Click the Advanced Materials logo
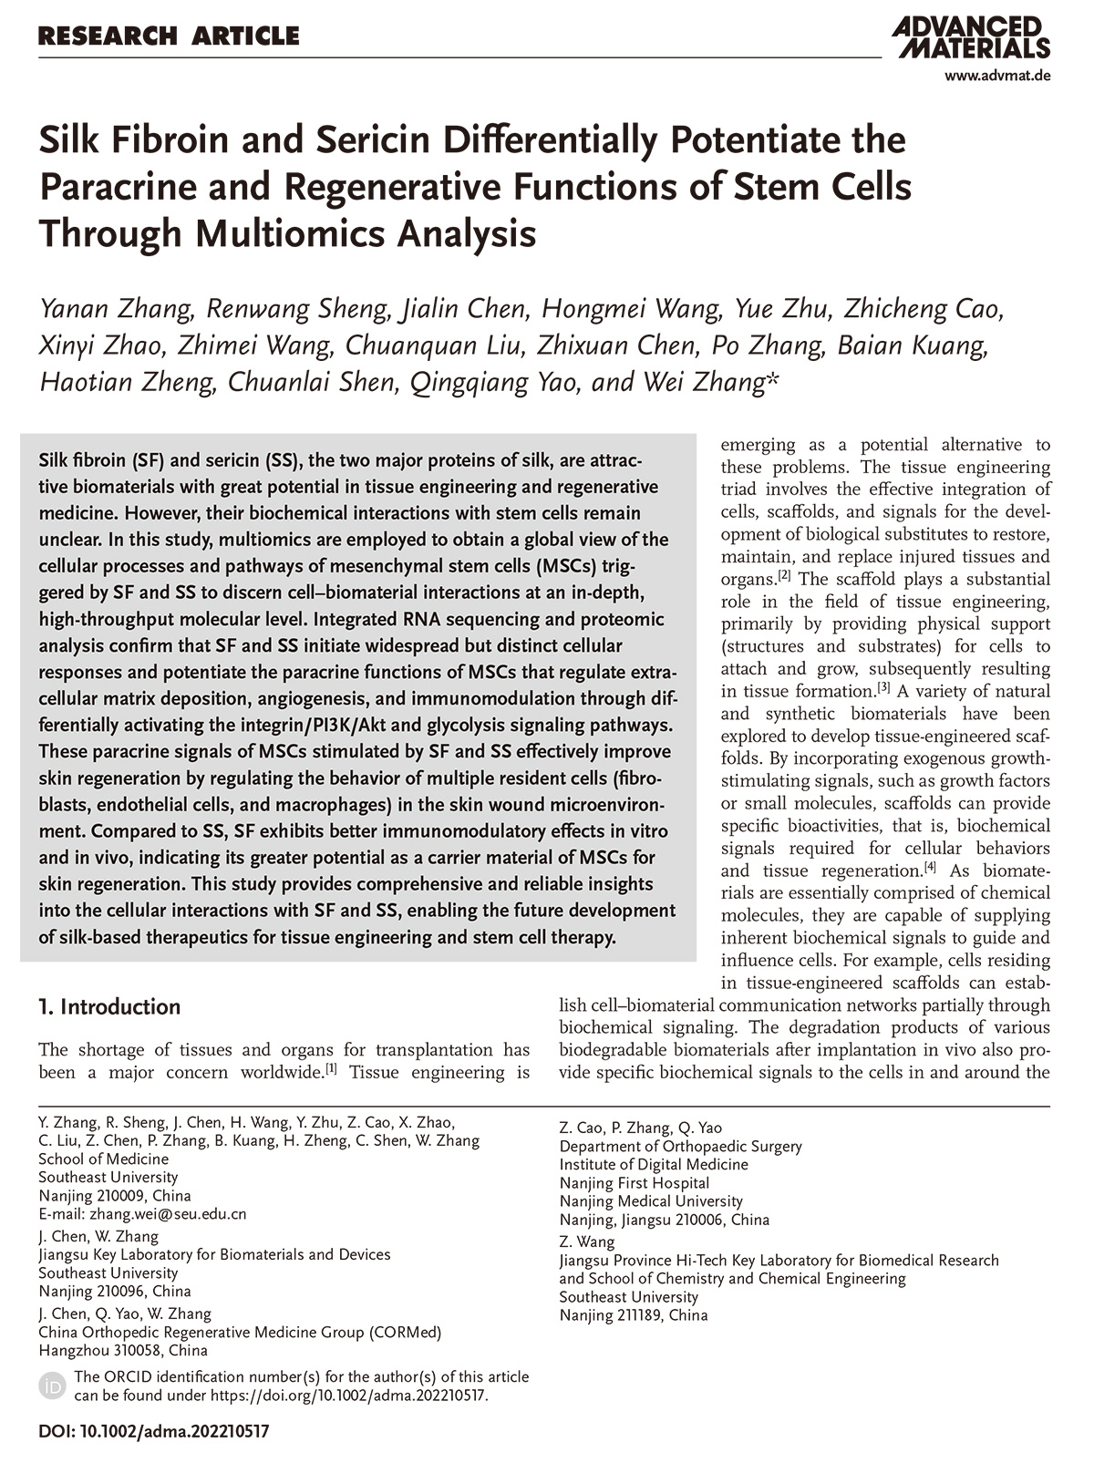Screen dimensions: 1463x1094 coord(972,36)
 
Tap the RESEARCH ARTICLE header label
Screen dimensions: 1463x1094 coord(169,36)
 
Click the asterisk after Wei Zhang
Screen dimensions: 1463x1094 coord(771,378)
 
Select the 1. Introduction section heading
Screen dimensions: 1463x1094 coord(109,1007)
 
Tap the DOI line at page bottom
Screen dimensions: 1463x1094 coord(154,1431)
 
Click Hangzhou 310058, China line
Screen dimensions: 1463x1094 coord(123,1351)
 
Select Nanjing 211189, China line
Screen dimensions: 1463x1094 coord(634,1315)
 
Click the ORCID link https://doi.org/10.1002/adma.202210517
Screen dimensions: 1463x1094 coord(349,1396)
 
